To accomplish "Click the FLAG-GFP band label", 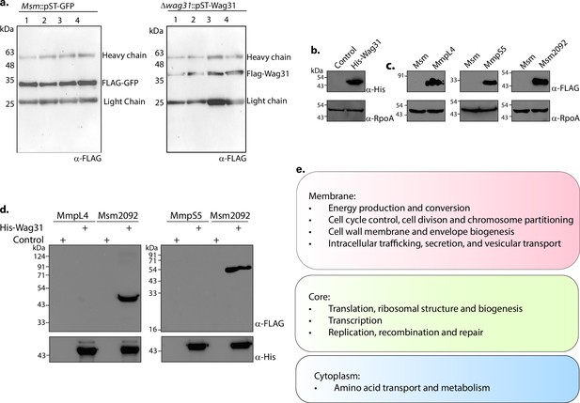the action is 120,83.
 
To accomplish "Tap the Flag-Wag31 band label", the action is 268,74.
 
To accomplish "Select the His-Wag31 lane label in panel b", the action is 367,56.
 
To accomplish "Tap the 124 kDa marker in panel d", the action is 39,256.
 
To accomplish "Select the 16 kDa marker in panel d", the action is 153,329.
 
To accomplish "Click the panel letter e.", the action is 301,170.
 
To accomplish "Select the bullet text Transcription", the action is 355,320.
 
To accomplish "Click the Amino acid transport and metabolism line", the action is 412,388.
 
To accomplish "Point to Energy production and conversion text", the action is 400,209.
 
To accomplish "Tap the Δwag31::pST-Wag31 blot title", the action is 196,7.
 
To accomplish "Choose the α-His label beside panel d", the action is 265,357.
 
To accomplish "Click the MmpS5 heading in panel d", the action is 184,215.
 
